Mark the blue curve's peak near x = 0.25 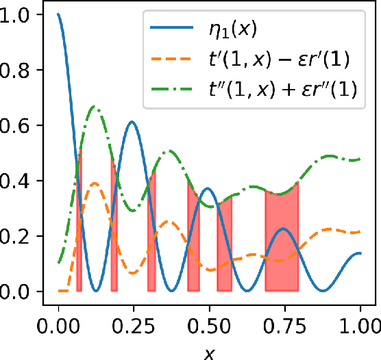(x=131, y=122)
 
